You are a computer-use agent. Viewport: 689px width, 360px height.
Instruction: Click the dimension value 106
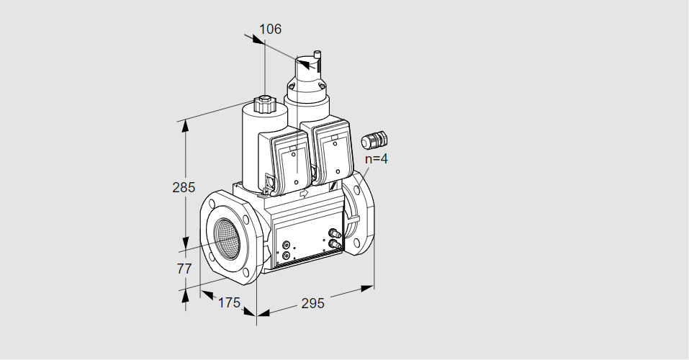pos(270,30)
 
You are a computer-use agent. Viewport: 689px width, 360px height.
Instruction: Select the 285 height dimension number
pos(184,188)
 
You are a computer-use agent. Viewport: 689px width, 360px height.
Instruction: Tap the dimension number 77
pos(184,269)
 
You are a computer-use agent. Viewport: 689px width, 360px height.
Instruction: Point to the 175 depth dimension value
pos(228,302)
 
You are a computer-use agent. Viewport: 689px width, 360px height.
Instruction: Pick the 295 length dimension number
pos(312,303)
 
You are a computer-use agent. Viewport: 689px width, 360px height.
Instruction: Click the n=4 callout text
pos(376,159)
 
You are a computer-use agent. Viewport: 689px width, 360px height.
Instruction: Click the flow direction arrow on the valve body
pos(303,193)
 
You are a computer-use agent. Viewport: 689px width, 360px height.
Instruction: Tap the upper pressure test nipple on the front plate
pos(333,232)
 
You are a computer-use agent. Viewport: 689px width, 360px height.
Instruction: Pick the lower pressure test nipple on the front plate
pos(333,245)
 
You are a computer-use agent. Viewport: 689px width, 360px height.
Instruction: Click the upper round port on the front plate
pos(287,245)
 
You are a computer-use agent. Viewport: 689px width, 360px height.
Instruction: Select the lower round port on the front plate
pos(287,255)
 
